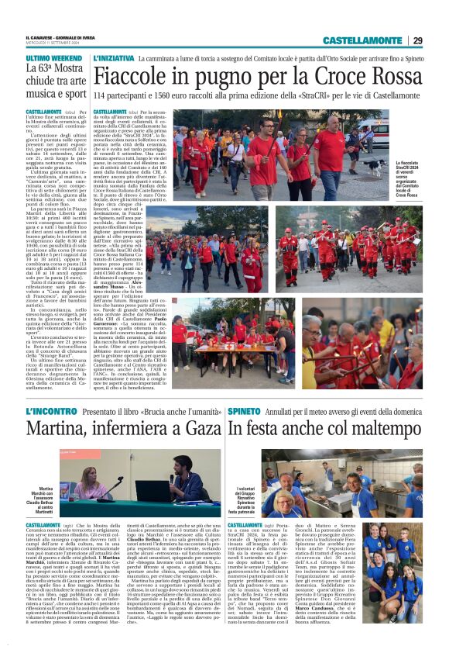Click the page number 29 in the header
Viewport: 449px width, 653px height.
417,40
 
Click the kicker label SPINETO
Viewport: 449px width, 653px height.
245,410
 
